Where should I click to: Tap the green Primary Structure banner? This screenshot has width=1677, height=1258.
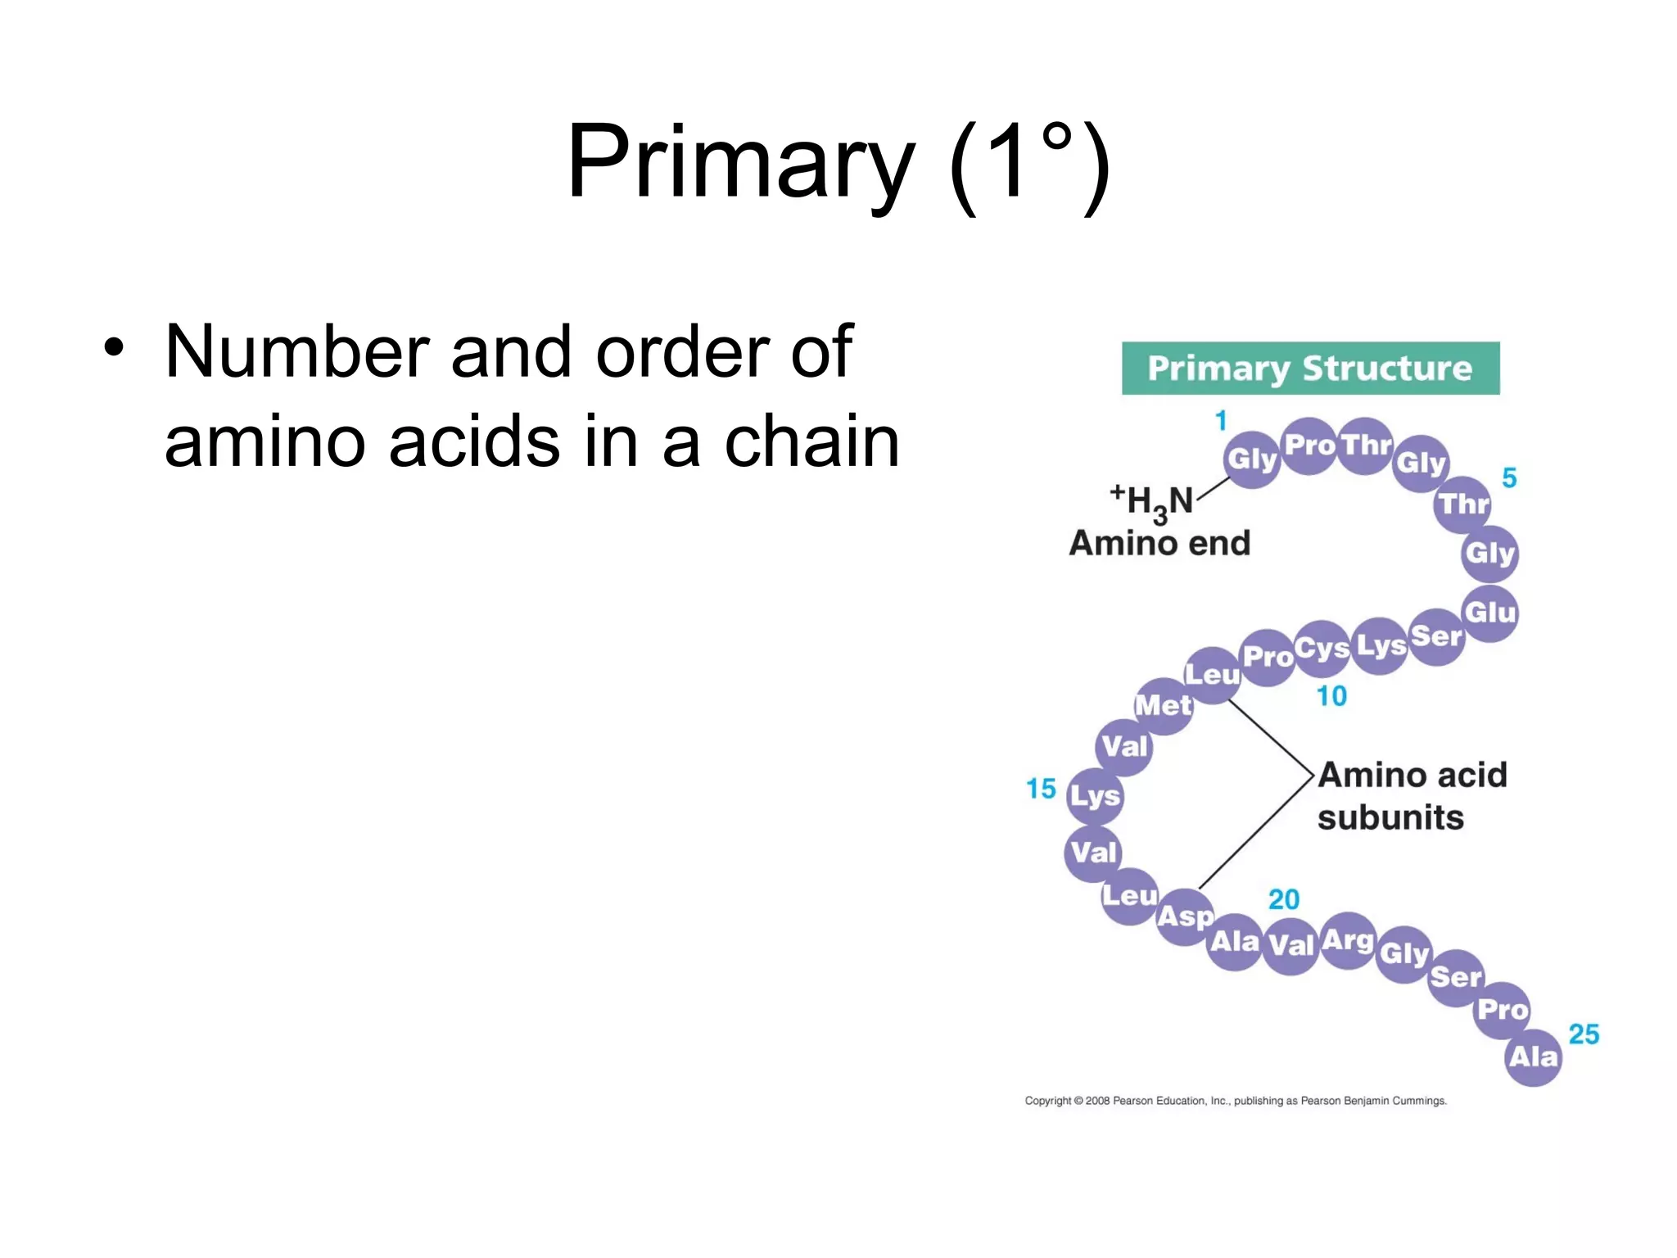pyautogui.click(x=1310, y=369)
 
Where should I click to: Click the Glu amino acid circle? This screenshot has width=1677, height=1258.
pyautogui.click(x=1490, y=613)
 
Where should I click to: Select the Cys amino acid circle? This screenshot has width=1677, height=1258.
pyautogui.click(x=1322, y=649)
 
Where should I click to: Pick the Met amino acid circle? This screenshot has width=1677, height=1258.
pyautogui.click(x=1164, y=706)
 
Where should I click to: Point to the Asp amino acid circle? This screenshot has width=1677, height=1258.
pyautogui.click(x=1185, y=916)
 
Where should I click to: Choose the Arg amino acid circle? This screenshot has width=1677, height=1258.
pyautogui.click(x=1348, y=940)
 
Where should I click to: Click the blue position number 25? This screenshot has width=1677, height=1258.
pyautogui.click(x=1584, y=1034)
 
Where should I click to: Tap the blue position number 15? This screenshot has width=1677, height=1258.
pyautogui.click(x=1041, y=789)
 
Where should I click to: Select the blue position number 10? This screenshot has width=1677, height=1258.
pyautogui.click(x=1331, y=696)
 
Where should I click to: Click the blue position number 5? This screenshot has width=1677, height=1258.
pyautogui.click(x=1509, y=477)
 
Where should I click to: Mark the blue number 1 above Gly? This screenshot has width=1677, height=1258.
pyautogui.click(x=1221, y=421)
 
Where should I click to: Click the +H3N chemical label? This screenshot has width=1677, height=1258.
pyautogui.click(x=1151, y=501)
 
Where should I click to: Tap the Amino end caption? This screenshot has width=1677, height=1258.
pyautogui.click(x=1159, y=543)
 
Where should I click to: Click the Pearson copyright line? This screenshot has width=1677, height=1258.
pyautogui.click(x=1236, y=1101)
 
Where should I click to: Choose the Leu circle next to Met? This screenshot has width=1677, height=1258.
pyautogui.click(x=1213, y=675)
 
